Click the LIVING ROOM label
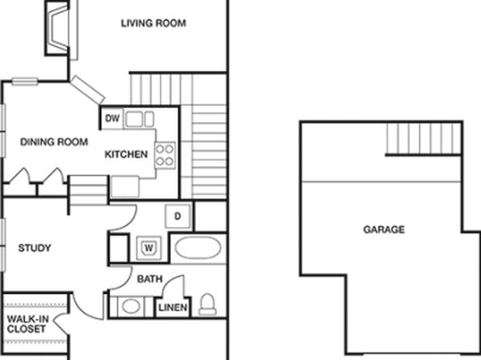point(153,23)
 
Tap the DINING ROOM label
point(54,142)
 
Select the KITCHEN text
point(126,154)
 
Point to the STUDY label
point(35,248)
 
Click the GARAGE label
point(384,229)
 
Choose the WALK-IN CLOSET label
point(27,324)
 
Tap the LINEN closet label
point(173,308)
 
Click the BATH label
point(149,279)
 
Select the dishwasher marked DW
point(112,118)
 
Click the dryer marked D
point(178,216)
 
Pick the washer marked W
point(148,247)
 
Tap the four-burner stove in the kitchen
point(165,155)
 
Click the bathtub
point(198,248)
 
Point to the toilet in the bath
point(207,304)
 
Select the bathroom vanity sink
point(131,306)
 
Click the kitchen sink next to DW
point(140,119)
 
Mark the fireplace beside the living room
point(57,28)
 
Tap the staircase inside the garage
point(424,139)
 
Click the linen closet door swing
point(174,287)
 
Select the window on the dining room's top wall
point(24,82)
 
